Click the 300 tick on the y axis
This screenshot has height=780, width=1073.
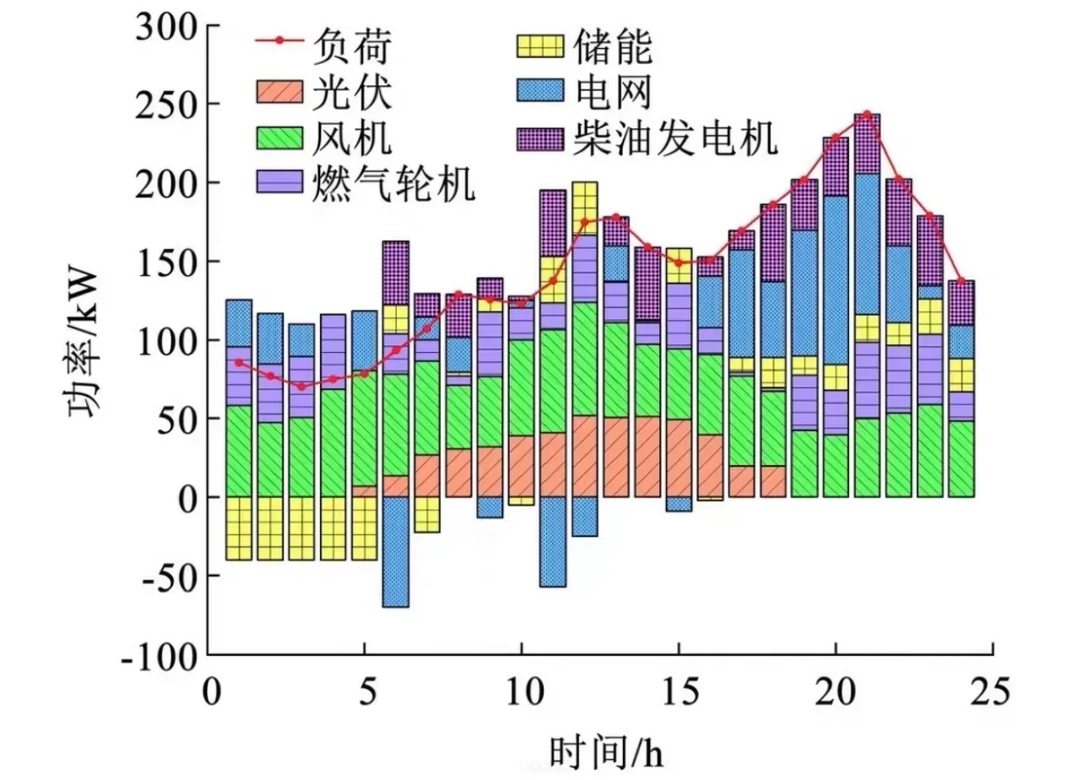(170, 27)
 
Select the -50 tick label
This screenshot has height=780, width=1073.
(170, 577)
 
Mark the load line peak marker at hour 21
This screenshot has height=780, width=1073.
(867, 114)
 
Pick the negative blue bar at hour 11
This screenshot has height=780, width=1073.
(552, 541)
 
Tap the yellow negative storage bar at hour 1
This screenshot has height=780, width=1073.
(239, 528)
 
